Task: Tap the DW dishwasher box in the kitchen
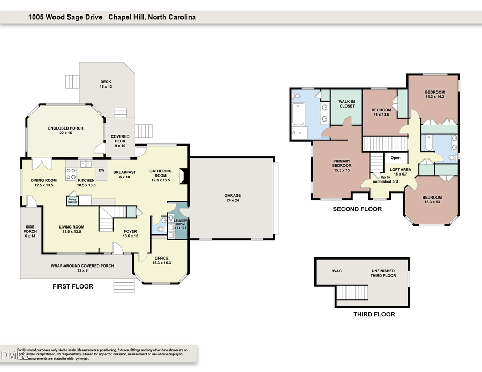(101, 171)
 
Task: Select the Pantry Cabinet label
(72, 200)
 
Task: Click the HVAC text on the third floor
(336, 271)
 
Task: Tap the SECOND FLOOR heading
(357, 209)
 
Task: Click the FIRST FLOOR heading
(72, 286)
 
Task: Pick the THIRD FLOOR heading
(374, 314)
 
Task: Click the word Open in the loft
(396, 158)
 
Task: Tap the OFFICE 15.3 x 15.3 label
(161, 260)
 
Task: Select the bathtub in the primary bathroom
(299, 113)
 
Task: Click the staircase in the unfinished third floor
(352, 293)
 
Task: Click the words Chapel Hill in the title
(125, 17)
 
